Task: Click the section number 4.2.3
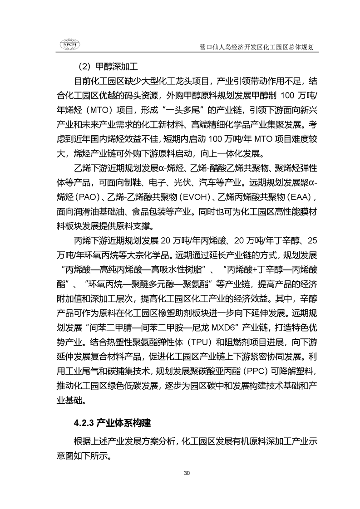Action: pyautogui.click(x=84, y=424)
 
